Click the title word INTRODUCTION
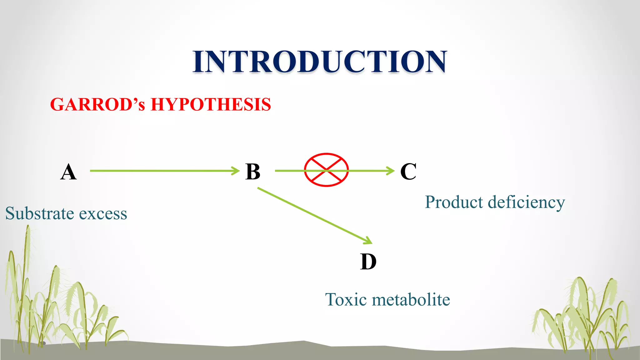[x=319, y=62]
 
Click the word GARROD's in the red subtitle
[x=97, y=104]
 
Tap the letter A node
[x=68, y=172]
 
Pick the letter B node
[x=252, y=172]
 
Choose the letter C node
[x=408, y=171]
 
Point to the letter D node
[x=368, y=262]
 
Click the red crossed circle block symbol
[x=326, y=170]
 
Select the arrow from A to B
[x=162, y=171]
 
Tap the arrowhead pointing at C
[x=391, y=171]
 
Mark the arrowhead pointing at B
[x=236, y=171]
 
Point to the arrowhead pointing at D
[x=368, y=241]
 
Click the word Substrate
[x=40, y=213]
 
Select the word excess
[x=103, y=214]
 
